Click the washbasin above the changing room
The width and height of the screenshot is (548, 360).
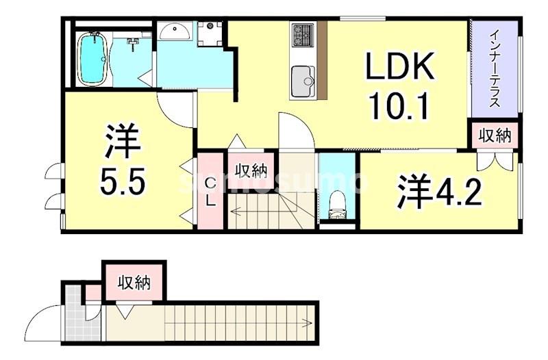(176, 31)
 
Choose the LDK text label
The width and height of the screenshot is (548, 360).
(399, 68)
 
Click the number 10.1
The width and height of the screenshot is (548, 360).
(399, 106)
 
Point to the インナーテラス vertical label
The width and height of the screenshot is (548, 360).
(494, 68)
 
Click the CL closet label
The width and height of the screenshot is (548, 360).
(211, 192)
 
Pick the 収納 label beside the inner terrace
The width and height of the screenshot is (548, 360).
(495, 135)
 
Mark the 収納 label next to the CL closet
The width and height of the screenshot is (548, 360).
(251, 168)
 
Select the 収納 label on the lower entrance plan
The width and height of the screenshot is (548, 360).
(134, 281)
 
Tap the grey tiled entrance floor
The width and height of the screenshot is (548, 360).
(81, 323)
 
